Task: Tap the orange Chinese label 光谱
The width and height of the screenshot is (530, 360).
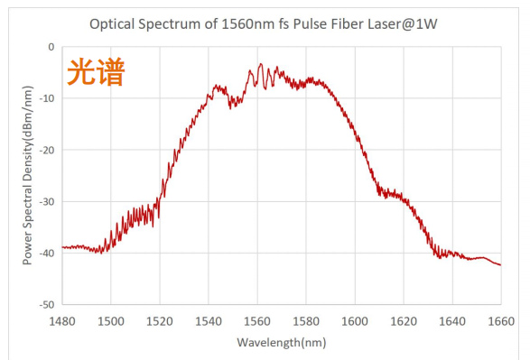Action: point(94,72)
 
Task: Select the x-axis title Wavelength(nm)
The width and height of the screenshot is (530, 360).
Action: point(281,343)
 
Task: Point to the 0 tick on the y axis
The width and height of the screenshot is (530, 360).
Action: point(51,47)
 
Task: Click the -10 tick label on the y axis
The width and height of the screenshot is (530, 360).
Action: point(47,98)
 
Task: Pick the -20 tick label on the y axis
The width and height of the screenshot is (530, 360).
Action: point(47,150)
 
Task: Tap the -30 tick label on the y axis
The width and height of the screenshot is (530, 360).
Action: point(47,201)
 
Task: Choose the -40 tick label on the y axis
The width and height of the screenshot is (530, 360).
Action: point(47,254)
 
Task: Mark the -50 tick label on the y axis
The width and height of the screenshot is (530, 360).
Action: point(47,305)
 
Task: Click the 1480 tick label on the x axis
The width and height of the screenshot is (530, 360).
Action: point(62,320)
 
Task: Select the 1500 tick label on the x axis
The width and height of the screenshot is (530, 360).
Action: point(111,320)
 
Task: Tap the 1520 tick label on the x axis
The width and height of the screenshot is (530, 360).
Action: point(160,320)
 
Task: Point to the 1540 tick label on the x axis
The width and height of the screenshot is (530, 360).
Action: point(209,320)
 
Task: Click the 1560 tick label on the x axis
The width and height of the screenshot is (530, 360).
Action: point(257,320)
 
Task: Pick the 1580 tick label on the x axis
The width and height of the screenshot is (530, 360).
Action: point(306,320)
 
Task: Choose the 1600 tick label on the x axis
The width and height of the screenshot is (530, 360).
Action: point(355,320)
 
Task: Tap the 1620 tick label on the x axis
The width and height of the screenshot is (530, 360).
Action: point(404,320)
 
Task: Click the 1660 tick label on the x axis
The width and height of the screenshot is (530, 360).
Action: point(500,320)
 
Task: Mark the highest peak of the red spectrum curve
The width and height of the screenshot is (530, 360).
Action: point(260,64)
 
